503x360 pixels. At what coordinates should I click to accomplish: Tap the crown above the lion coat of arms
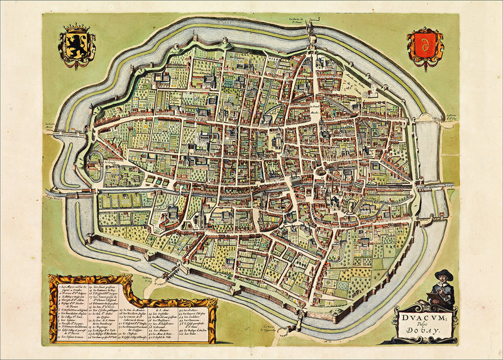pos(77,28)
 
